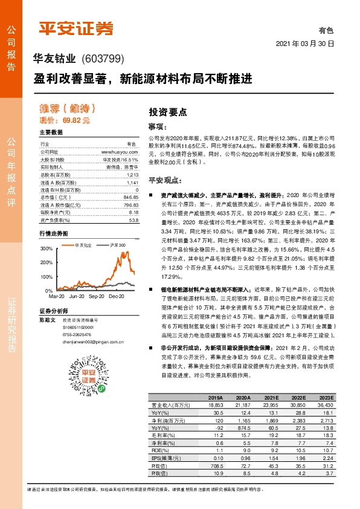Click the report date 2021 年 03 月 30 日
pyautogui.click(x=304, y=44)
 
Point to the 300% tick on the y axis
pyautogui.click(x=47, y=248)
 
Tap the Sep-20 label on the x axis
pyautogui.click(x=96, y=297)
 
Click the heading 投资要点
pyautogui.click(x=167, y=112)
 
